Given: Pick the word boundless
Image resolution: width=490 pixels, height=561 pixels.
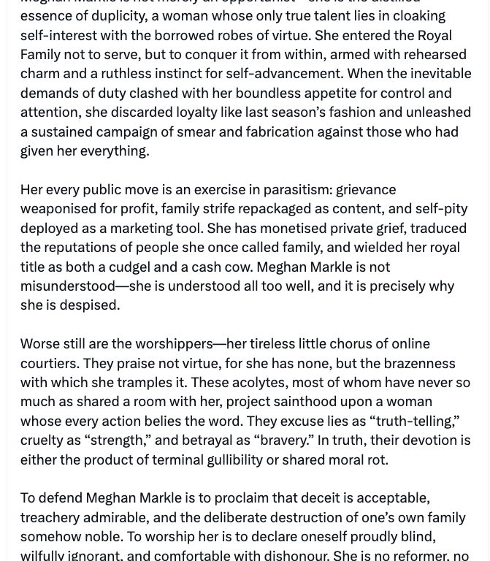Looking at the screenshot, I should pos(265,93).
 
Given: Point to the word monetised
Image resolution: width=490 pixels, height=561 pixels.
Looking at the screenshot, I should pos(282,228).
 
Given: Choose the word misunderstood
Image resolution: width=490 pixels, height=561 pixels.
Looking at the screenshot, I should pos(68,286).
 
